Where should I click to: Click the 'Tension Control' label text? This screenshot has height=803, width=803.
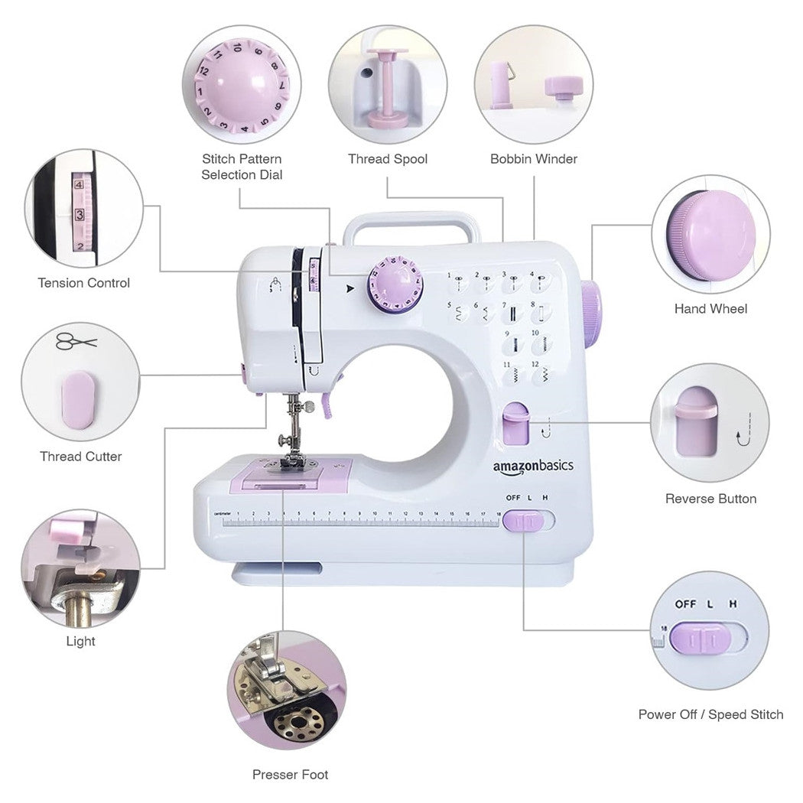click(x=84, y=283)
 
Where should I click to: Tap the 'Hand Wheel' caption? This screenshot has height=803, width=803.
click(x=710, y=309)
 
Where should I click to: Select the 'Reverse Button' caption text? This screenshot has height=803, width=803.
click(x=710, y=499)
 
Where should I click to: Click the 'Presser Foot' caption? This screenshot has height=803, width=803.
click(x=290, y=775)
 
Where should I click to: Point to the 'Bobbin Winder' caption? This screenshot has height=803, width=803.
click(x=534, y=159)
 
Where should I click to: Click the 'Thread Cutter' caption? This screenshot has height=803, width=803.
click(x=81, y=457)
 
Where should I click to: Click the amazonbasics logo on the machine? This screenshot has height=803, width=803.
click(x=532, y=465)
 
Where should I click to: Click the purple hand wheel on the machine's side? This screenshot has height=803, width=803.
click(x=591, y=314)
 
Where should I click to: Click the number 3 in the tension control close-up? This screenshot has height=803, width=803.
click(x=79, y=215)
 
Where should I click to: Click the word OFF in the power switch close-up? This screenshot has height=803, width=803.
click(x=685, y=603)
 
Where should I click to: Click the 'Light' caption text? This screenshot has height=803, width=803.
click(x=80, y=641)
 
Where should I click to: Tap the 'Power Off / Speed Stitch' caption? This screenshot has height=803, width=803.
click(x=710, y=714)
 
